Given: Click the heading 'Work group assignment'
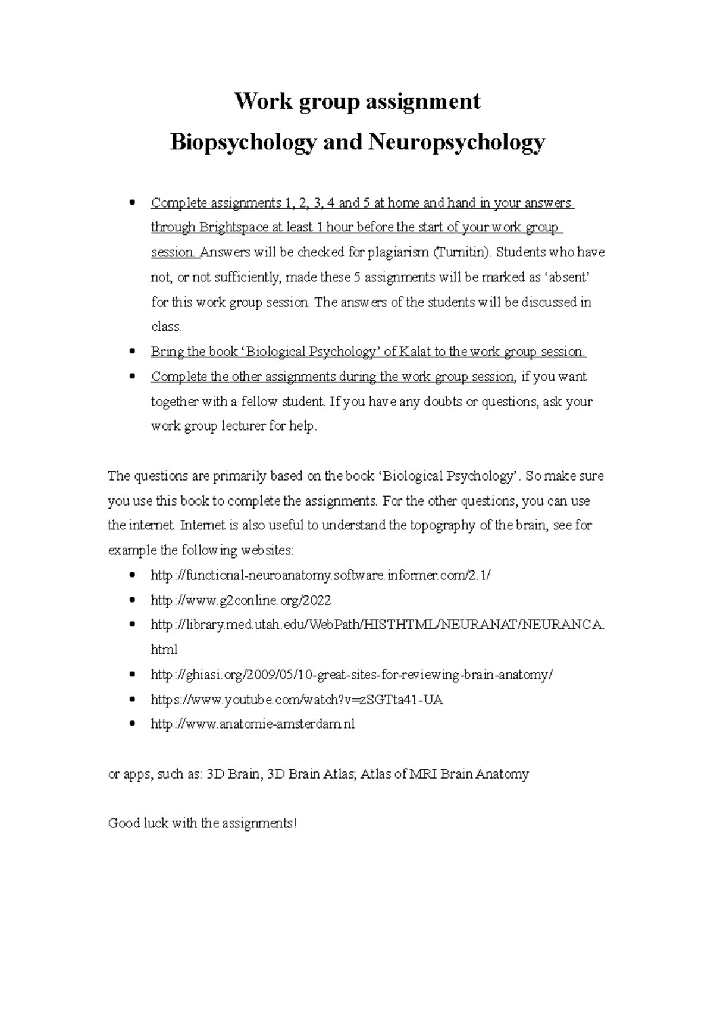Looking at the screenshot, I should click(357, 101).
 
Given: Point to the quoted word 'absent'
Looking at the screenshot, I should click(568, 277).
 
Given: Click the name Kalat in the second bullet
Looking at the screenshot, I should click(415, 352).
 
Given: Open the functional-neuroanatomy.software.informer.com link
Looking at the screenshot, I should click(321, 575).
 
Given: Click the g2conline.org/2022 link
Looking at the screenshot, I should click(241, 600).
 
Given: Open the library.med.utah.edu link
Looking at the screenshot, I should click(378, 625).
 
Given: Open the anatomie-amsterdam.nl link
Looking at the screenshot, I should click(253, 724).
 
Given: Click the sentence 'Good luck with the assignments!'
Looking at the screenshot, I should click(202, 824).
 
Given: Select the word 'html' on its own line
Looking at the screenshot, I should click(164, 650).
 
